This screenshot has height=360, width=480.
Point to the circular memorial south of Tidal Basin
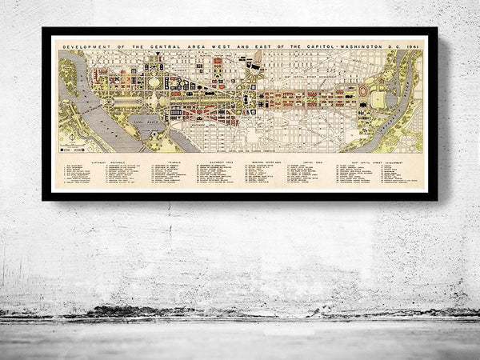pos(152,140)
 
